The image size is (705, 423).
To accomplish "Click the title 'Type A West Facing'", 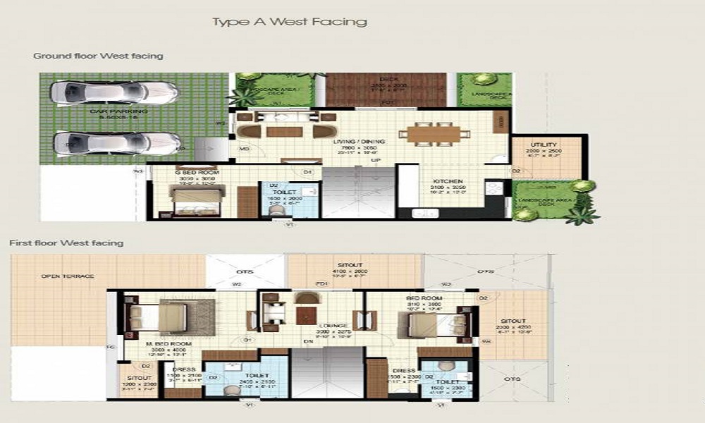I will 290,22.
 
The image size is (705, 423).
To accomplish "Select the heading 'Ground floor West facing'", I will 98,56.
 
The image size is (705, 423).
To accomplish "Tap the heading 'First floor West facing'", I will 66,243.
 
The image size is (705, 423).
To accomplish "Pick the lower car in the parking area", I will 116,143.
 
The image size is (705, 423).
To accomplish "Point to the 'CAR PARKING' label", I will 109,111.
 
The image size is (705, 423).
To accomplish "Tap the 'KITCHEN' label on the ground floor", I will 448,181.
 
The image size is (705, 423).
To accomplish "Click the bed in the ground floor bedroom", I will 190,200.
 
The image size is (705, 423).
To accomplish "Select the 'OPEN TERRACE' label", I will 68,276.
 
